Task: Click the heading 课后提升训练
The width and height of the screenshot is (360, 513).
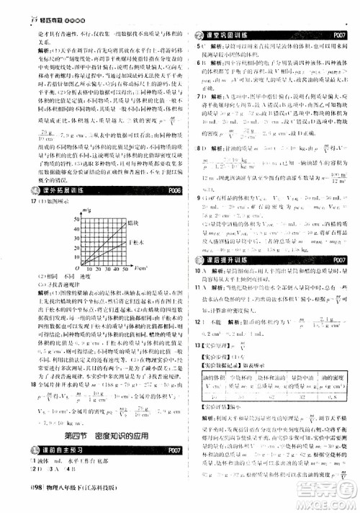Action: tap(230, 259)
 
